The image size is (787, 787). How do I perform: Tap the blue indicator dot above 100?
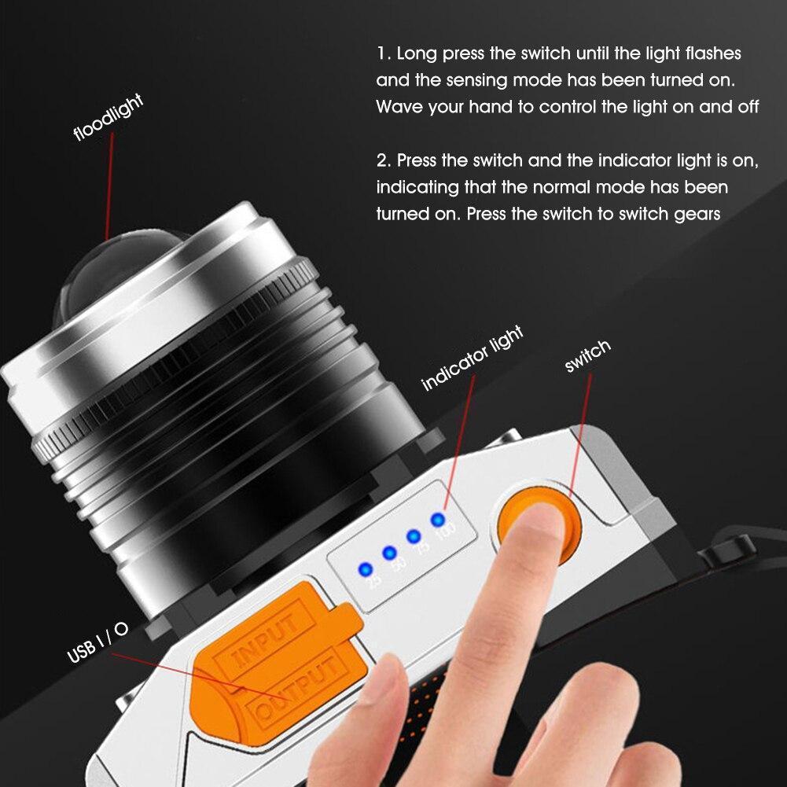click(x=438, y=520)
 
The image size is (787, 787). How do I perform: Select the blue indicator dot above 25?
click(x=366, y=570)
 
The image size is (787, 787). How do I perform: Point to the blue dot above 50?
click(x=389, y=553)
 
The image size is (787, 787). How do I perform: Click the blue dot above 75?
click(x=414, y=536)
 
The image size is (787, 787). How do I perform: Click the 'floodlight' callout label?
click(x=108, y=117)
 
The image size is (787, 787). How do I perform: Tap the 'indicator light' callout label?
click(x=473, y=358)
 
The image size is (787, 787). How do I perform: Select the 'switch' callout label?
click(x=587, y=355)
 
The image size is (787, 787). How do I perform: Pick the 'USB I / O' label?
click(x=97, y=643)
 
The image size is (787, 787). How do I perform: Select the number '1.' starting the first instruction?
click(x=384, y=53)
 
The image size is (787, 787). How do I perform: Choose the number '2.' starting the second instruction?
click(x=384, y=160)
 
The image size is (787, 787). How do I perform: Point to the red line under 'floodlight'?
click(x=109, y=186)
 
